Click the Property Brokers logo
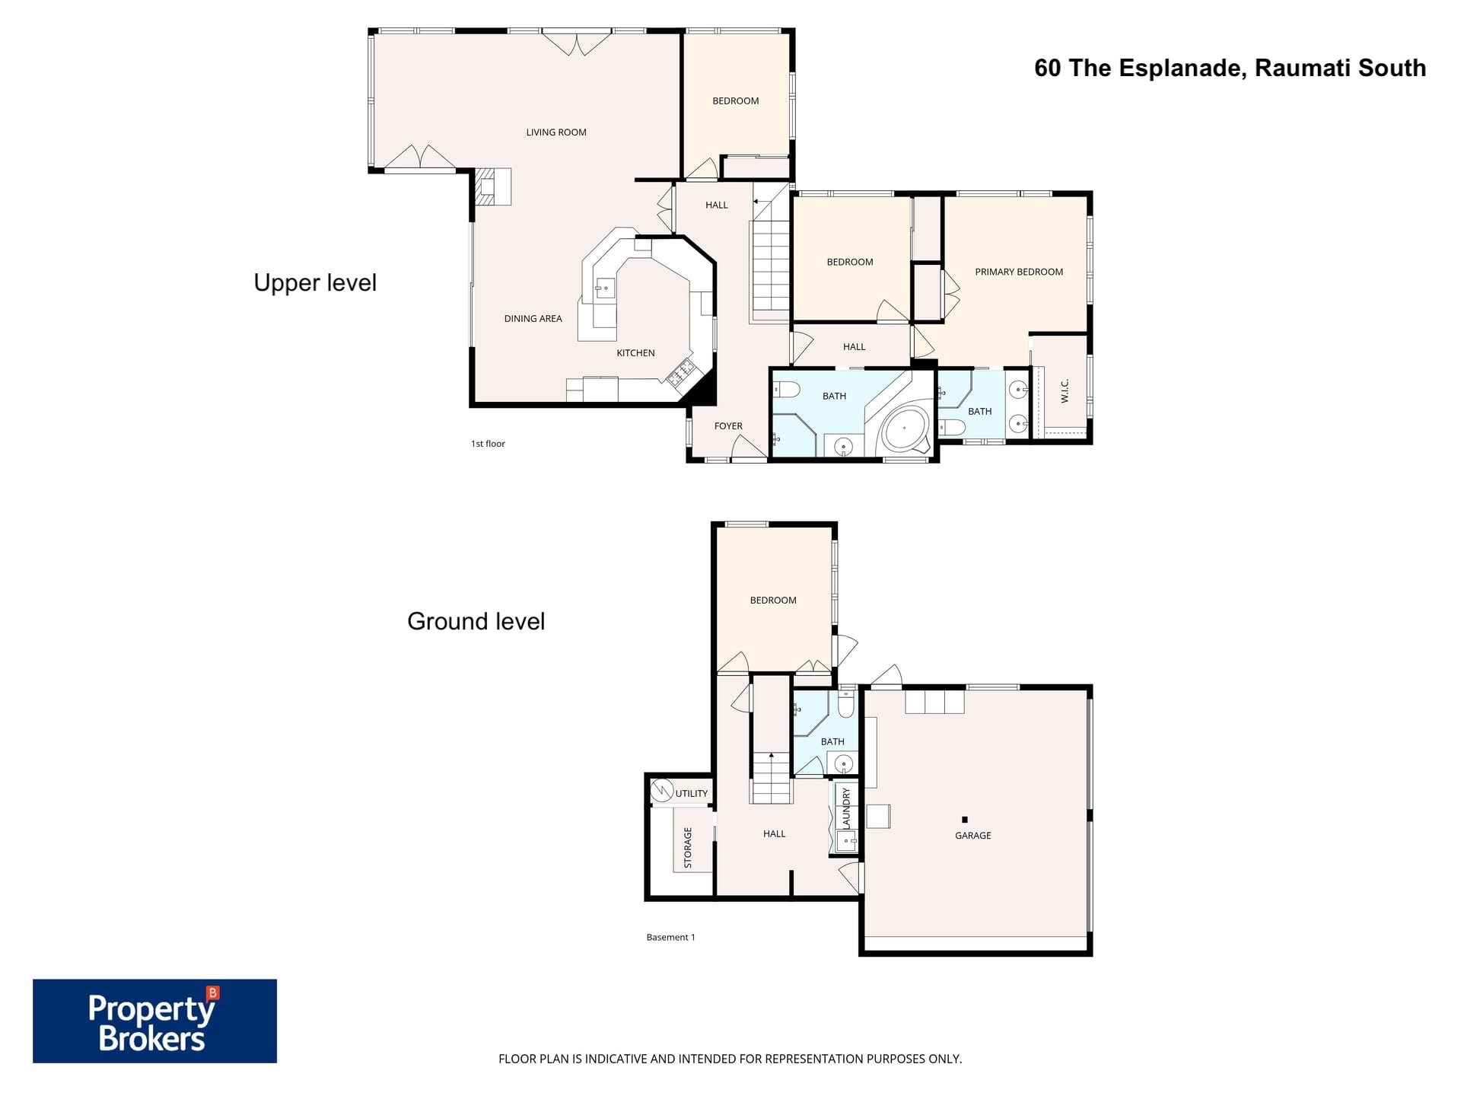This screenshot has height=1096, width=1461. click(x=154, y=1021)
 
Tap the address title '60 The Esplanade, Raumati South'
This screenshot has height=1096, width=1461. click(x=1230, y=68)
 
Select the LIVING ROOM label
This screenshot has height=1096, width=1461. click(x=556, y=132)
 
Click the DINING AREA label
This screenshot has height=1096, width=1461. click(x=533, y=319)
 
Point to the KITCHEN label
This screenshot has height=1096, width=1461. click(x=635, y=353)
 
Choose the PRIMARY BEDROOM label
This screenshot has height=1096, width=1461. click(x=1019, y=272)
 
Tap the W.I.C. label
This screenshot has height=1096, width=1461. click(x=1065, y=391)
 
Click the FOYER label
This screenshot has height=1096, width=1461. click(x=728, y=426)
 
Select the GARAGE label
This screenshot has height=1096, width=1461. click(x=972, y=836)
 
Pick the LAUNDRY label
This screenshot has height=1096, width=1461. click(x=846, y=808)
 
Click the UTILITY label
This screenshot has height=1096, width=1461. click(x=691, y=793)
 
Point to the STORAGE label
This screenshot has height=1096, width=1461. click(x=688, y=848)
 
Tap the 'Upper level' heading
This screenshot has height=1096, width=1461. click(x=315, y=283)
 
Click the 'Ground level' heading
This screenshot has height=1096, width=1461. click(x=476, y=622)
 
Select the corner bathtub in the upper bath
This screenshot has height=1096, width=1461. click(x=906, y=431)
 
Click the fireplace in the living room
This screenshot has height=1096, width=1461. click(x=493, y=186)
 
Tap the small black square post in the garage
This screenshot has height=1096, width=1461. click(x=964, y=820)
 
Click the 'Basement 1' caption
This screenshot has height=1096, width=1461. click(x=670, y=938)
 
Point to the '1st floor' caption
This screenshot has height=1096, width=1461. click(x=488, y=444)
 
